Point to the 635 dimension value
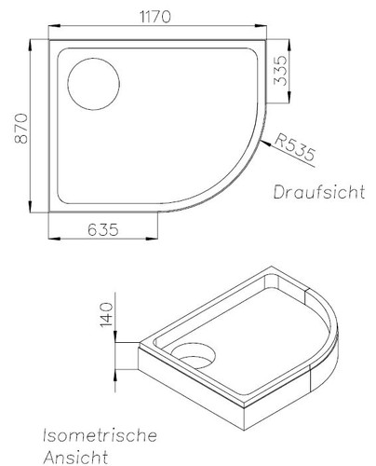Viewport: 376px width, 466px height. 104,228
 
